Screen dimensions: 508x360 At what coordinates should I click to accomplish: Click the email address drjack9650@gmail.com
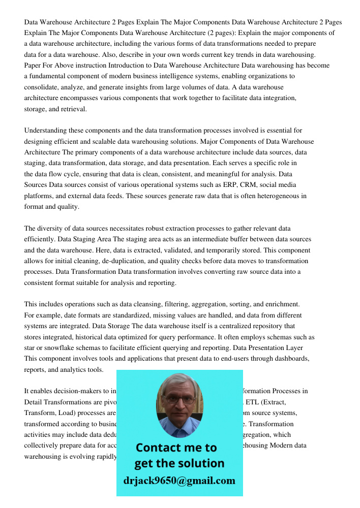pyautogui.click(x=179, y=481)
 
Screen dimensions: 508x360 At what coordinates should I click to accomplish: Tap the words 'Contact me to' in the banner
pyautogui.click(x=176, y=448)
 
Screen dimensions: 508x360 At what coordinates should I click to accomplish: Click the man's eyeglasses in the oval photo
pyautogui.click(x=179, y=400)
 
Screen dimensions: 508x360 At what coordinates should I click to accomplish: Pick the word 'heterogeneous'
pyautogui.click(x=275, y=196)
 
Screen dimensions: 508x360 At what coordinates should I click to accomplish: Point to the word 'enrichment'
pyautogui.click(x=282, y=304)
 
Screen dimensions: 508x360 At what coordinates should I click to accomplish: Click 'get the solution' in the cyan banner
pyautogui.click(x=179, y=463)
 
